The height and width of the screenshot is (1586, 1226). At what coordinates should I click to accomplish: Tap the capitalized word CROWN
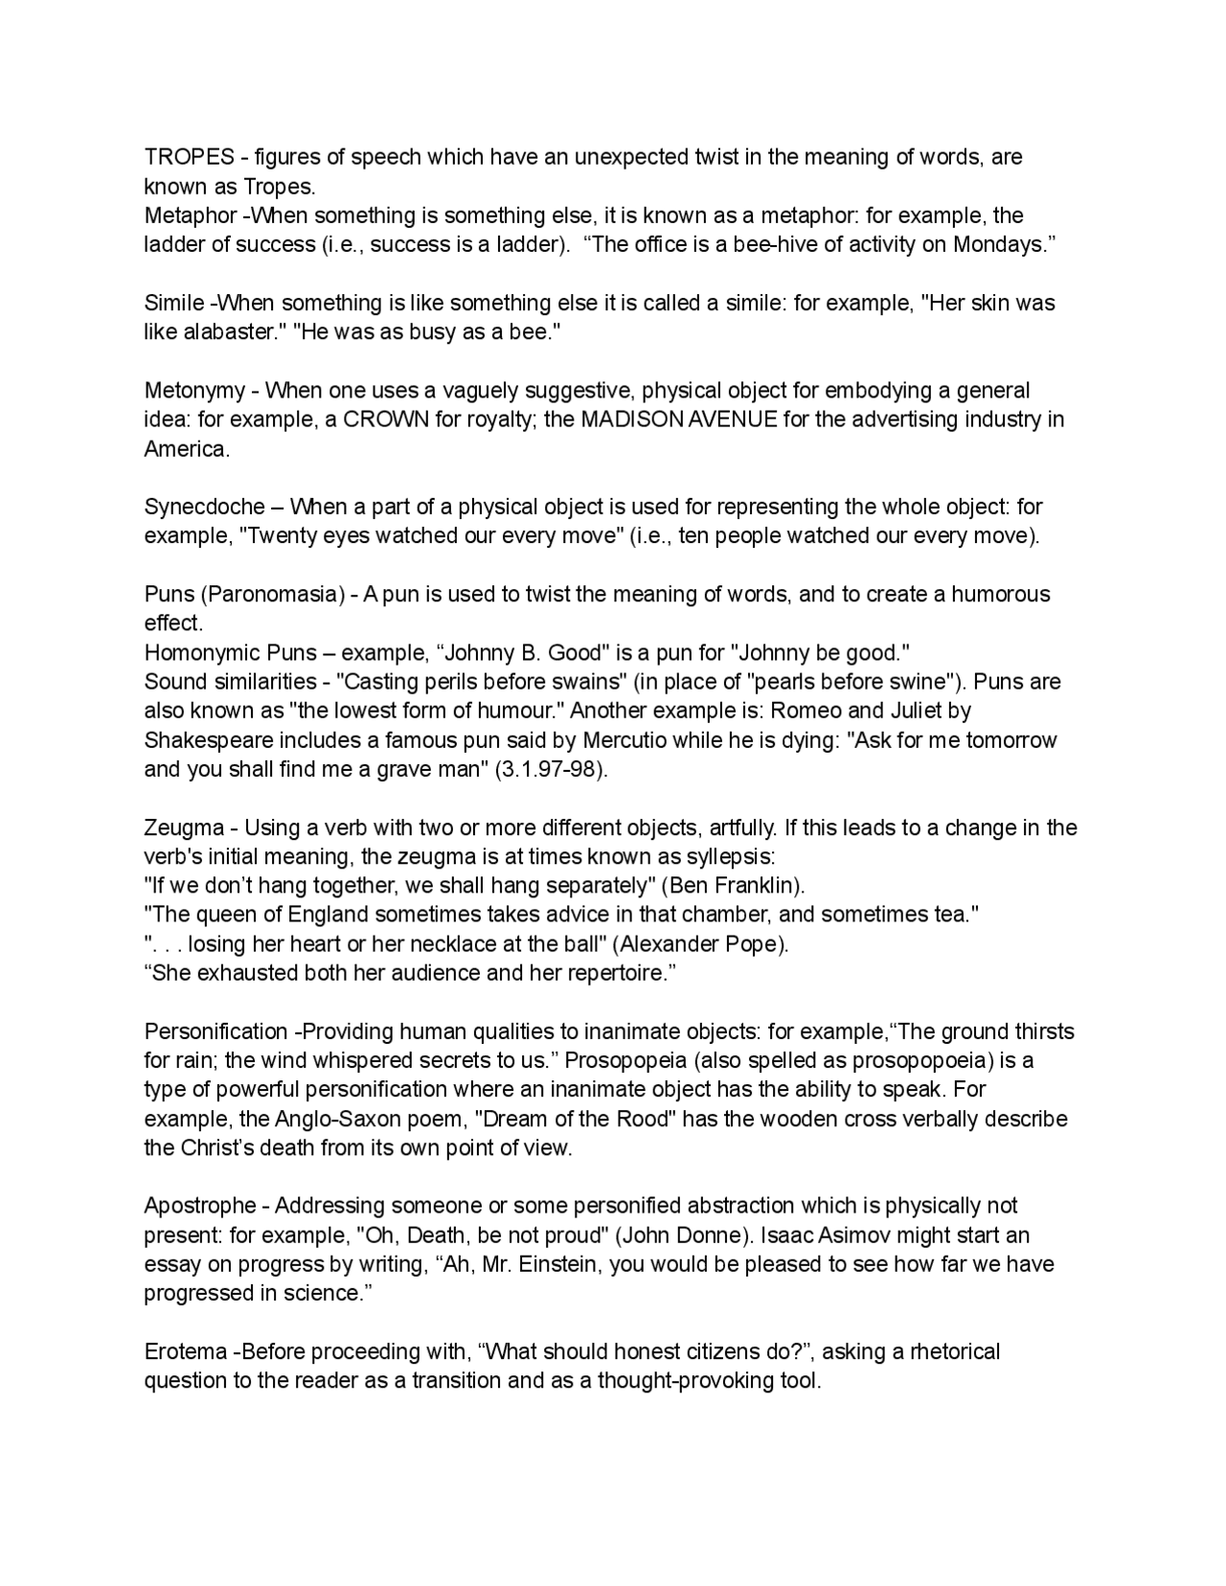click(x=385, y=419)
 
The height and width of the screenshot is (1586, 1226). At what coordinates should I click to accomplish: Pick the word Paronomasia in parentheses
click(x=272, y=595)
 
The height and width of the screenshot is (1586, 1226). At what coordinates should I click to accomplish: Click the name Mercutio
click(x=632, y=740)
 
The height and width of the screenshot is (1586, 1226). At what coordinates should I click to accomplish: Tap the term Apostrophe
click(x=200, y=1206)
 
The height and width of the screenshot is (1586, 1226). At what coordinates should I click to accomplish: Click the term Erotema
click(x=185, y=1352)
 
